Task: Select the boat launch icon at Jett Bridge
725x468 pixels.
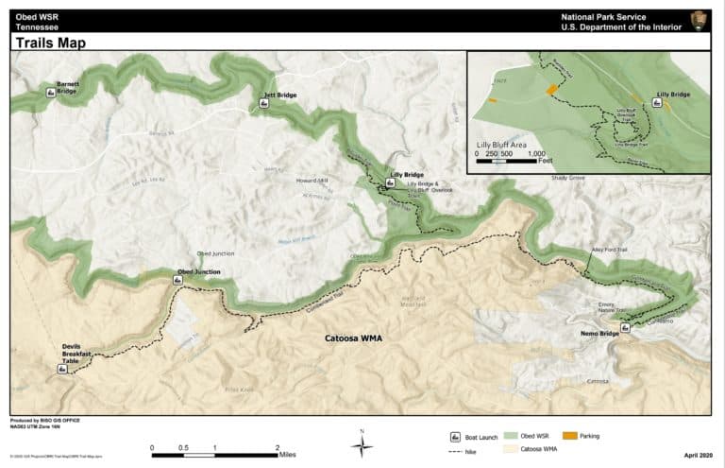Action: click(264, 105)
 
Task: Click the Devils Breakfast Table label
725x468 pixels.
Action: click(78, 355)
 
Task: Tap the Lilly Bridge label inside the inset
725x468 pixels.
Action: click(674, 95)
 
